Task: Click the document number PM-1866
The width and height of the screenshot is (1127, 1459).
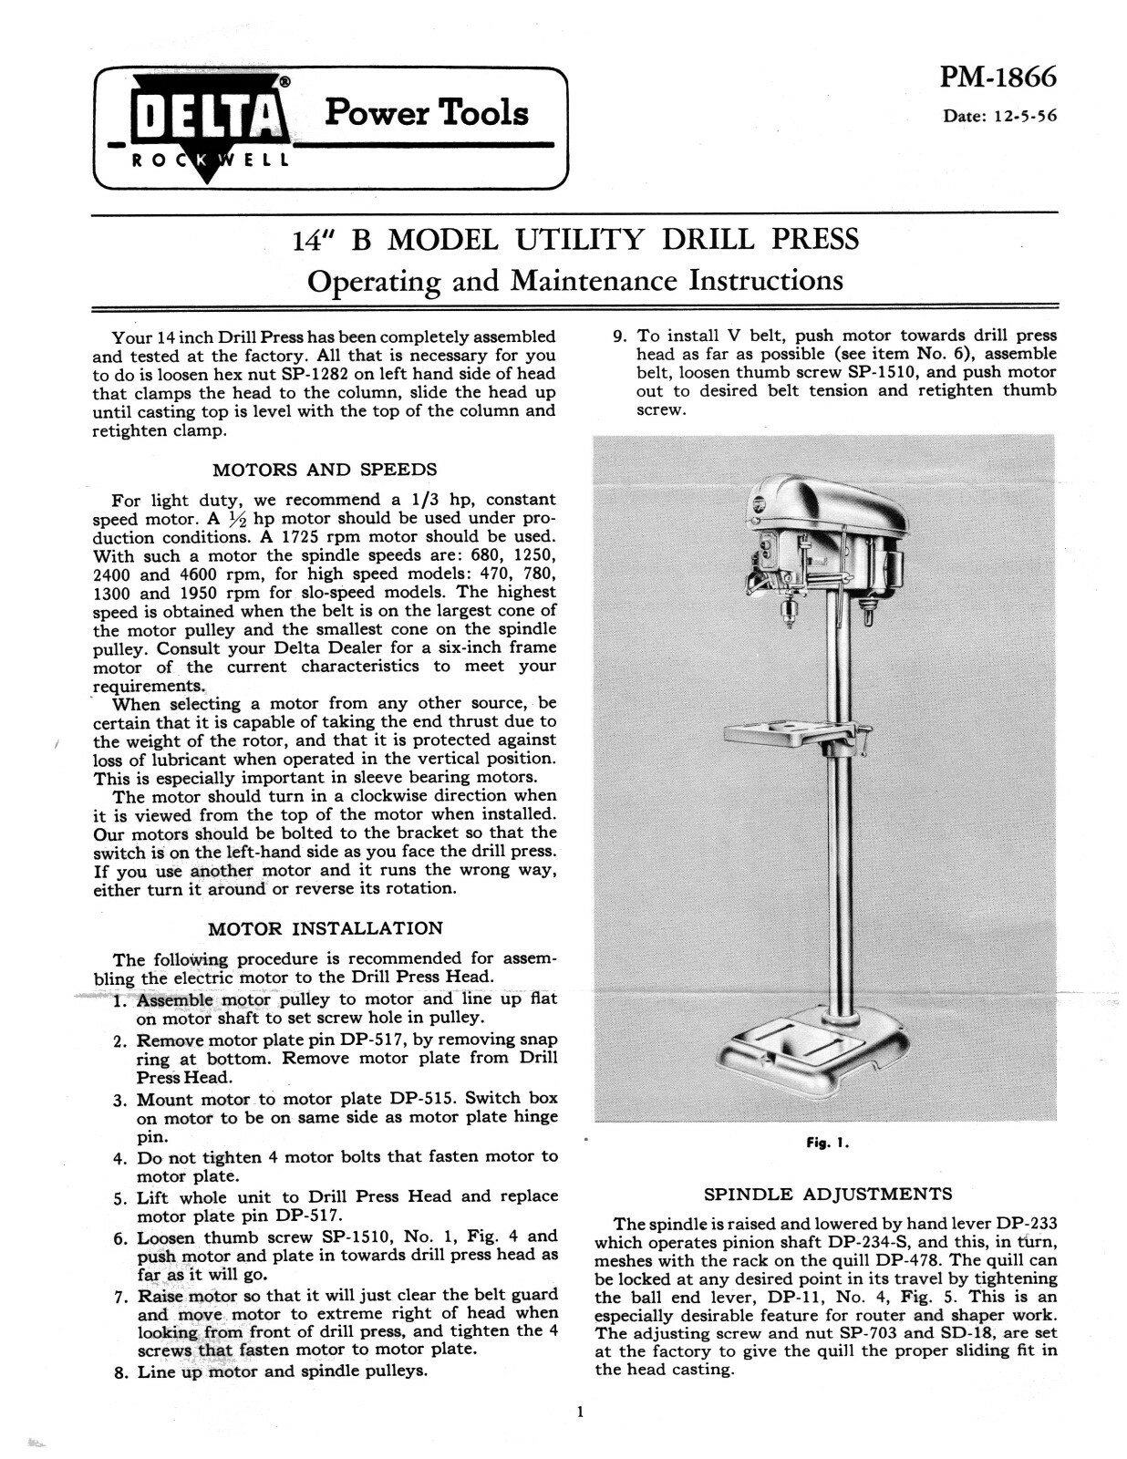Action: pyautogui.click(x=998, y=77)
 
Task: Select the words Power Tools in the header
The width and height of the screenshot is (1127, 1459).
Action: pyautogui.click(x=426, y=113)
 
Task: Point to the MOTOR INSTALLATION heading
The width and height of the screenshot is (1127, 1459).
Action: pyautogui.click(x=325, y=928)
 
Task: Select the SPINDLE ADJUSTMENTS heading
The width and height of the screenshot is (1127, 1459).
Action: pyautogui.click(x=828, y=1194)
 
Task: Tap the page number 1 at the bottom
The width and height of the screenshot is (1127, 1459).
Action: pyautogui.click(x=580, y=1412)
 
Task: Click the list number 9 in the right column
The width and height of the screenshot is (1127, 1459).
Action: pyautogui.click(x=618, y=336)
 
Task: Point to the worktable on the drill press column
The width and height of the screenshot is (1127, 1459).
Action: pyautogui.click(x=789, y=732)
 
